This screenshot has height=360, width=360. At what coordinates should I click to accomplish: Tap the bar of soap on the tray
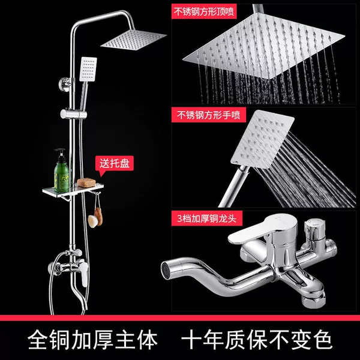point(86,183)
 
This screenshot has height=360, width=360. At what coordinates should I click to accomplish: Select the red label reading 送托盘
point(115,163)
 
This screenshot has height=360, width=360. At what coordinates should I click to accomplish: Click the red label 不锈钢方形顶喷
point(203,11)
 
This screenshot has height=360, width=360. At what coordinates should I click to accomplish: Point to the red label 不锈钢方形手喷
point(208,115)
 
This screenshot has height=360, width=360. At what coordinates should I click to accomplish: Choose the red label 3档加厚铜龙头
point(206,218)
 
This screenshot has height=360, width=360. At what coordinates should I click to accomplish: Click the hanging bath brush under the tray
point(96,217)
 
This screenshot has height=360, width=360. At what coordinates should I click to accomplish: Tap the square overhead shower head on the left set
point(133,40)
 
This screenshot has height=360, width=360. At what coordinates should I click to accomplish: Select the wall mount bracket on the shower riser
point(65,84)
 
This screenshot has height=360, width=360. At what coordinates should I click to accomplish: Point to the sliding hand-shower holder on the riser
point(73,114)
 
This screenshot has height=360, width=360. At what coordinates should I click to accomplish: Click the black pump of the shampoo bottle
point(60,154)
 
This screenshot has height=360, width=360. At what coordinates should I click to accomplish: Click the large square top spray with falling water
point(264,46)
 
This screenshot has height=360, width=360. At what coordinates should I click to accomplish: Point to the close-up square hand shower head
point(262,139)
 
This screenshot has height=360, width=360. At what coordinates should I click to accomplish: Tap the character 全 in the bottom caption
point(38,340)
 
